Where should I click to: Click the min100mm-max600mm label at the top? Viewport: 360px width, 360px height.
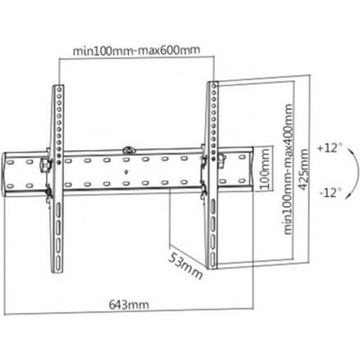point(137,50)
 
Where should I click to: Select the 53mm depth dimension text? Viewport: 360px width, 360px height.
point(184,265)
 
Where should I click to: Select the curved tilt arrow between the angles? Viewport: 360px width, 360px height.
point(353,173)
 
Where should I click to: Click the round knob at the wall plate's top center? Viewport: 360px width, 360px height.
point(129,149)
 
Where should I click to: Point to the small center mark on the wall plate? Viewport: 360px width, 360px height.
point(126,173)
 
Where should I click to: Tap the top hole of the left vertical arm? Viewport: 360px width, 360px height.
point(58,89)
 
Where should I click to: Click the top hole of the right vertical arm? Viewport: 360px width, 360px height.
point(213,86)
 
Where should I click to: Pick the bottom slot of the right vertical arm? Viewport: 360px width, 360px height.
point(212,259)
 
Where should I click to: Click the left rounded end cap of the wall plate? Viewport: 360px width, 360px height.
point(4,175)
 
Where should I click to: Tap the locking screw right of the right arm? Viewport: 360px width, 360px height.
point(221,158)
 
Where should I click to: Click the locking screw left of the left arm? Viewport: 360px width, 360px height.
point(45,164)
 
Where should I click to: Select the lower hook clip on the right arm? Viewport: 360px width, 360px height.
point(203,192)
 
